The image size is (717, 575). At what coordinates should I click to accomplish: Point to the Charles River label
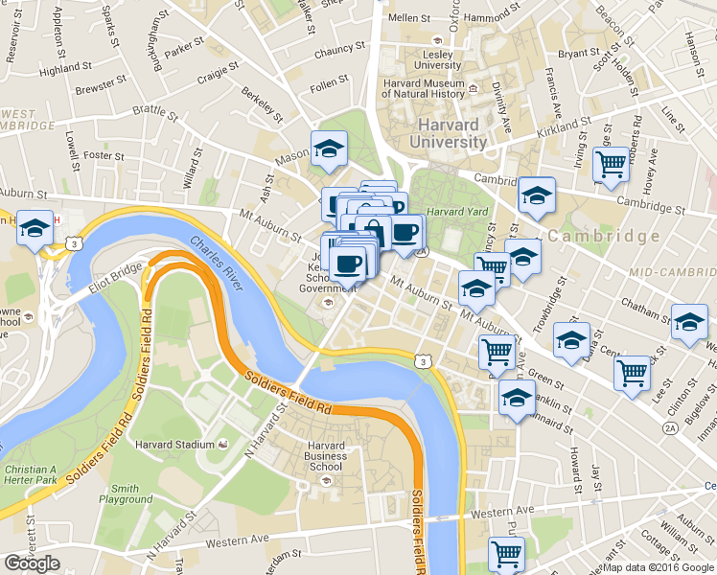(217, 260)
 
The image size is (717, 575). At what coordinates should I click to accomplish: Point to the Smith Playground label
(126, 493)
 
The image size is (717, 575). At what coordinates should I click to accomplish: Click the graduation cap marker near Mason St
(328, 149)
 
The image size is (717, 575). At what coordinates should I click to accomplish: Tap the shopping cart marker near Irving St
(610, 163)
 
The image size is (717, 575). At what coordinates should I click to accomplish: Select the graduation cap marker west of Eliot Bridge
(35, 229)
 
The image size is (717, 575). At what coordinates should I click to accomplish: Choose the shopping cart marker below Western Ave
(505, 553)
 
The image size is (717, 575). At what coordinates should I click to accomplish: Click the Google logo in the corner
(32, 564)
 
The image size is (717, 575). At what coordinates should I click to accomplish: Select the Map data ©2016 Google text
(659, 567)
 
